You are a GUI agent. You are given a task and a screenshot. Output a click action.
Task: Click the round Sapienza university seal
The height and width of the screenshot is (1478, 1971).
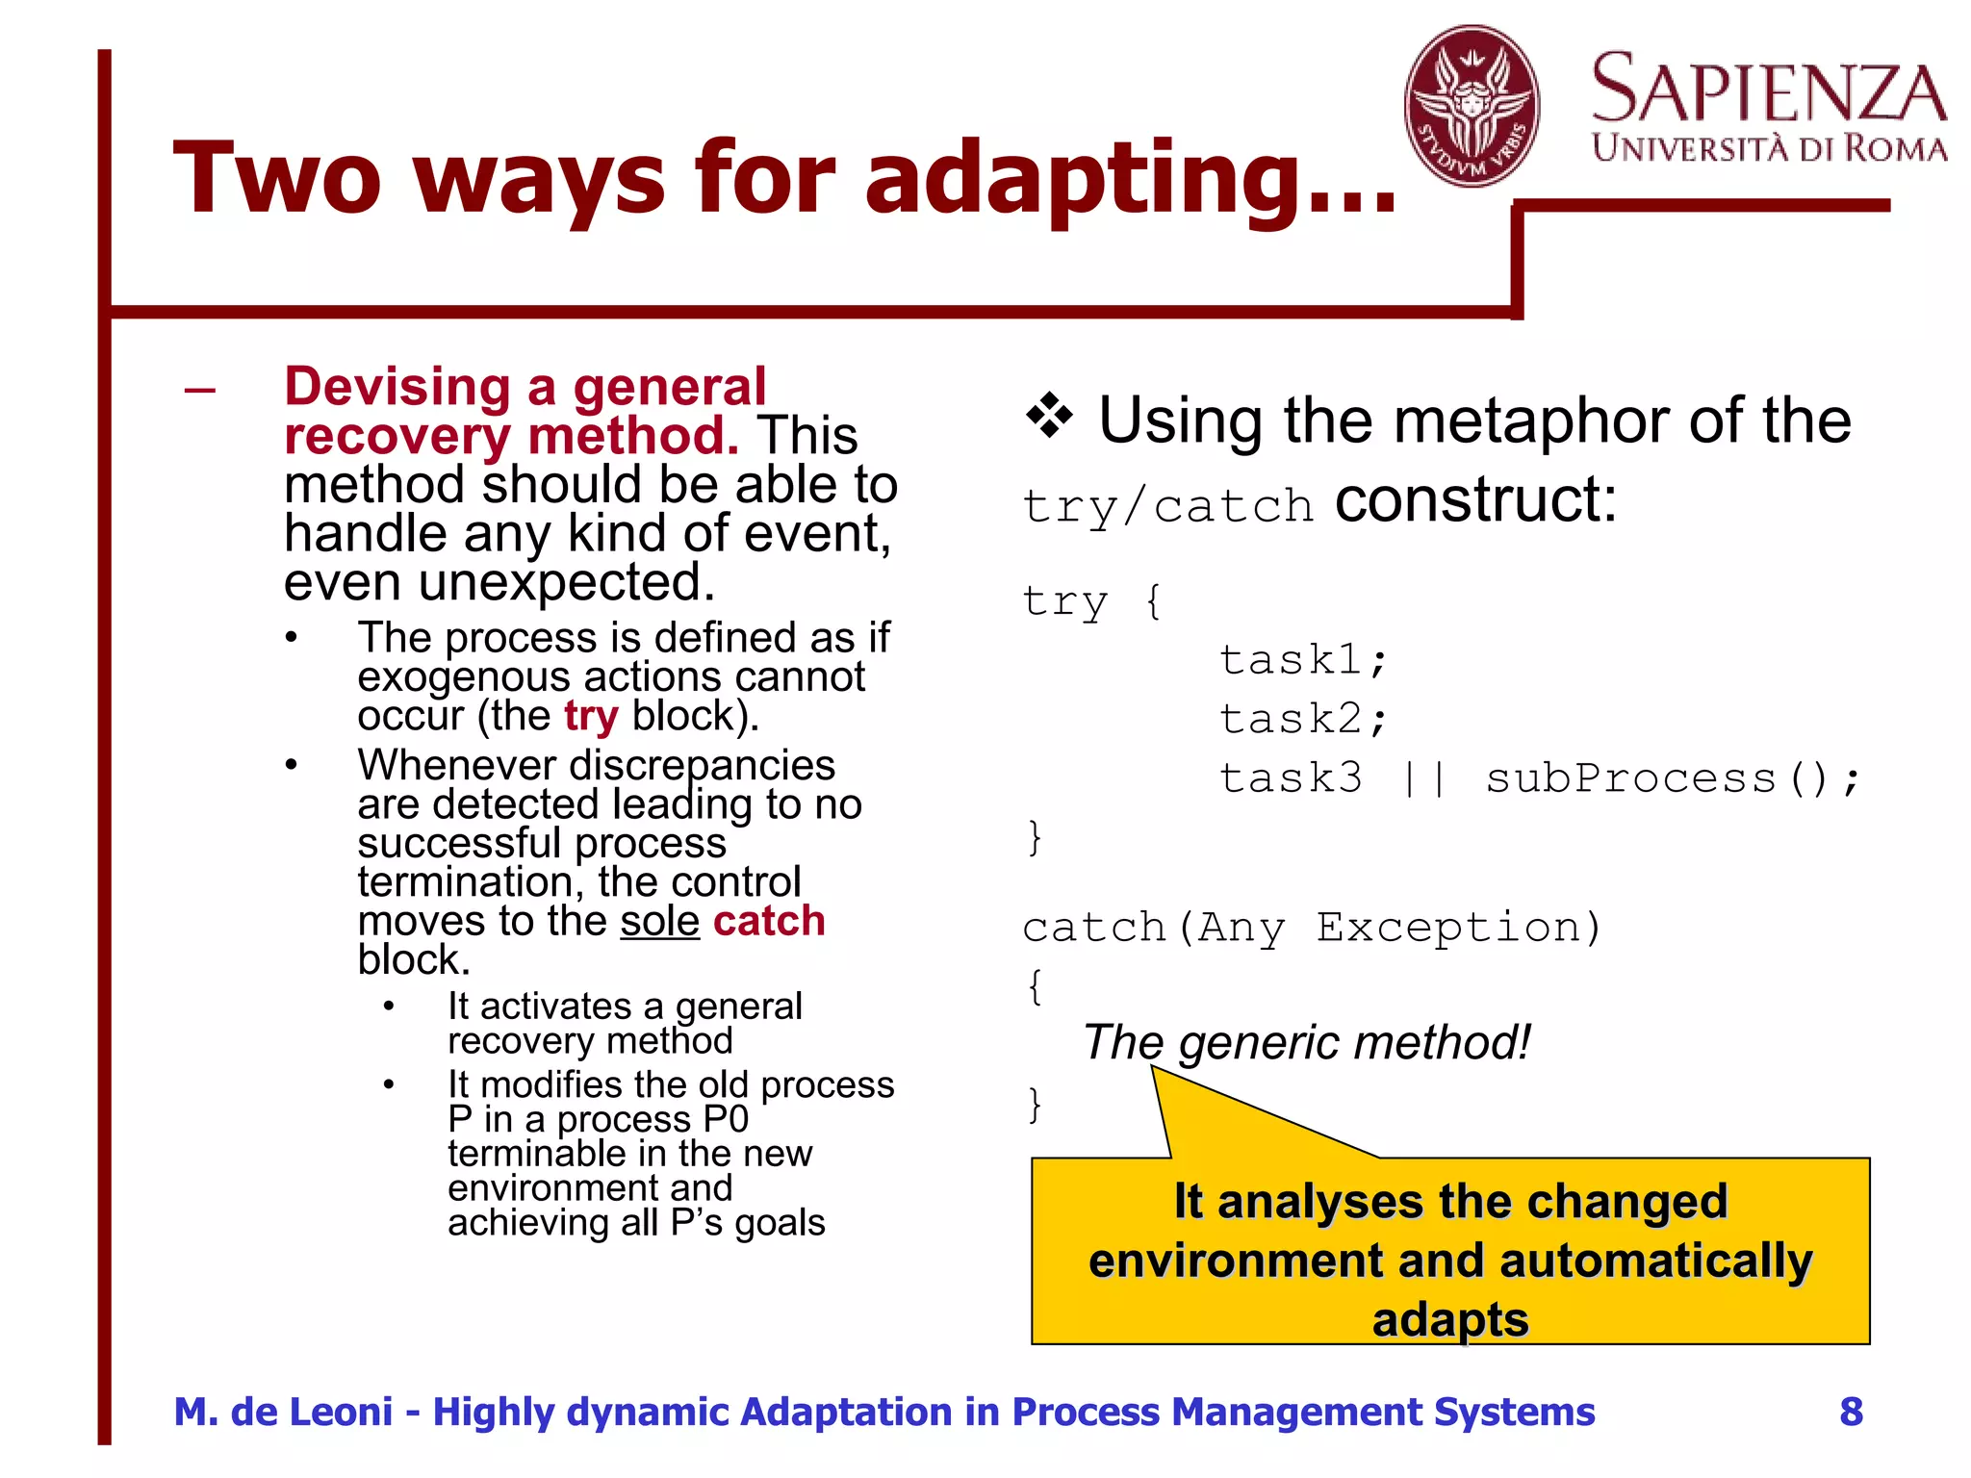click(1471, 106)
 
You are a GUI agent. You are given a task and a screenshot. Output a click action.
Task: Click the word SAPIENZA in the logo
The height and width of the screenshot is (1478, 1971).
click(1769, 89)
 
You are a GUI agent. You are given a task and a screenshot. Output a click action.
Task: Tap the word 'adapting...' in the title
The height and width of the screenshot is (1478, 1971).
click(1130, 178)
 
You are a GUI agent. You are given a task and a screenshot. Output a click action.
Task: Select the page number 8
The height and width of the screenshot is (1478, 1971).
click(1851, 1412)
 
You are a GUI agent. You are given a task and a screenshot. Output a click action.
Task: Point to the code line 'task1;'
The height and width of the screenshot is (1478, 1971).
click(1303, 660)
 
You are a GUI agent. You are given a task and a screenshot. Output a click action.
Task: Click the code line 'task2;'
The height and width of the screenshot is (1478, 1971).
click(1303, 719)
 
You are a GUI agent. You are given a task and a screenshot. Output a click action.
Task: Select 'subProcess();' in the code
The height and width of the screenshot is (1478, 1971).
click(1673, 778)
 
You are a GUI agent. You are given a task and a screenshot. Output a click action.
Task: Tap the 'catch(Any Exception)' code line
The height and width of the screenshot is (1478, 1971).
click(1312, 928)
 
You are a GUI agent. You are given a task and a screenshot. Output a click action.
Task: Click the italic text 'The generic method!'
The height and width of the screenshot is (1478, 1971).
click(1306, 1042)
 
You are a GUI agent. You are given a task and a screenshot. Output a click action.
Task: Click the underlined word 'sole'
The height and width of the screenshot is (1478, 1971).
click(659, 921)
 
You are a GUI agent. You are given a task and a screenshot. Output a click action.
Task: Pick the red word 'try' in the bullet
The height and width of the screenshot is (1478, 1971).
click(590, 716)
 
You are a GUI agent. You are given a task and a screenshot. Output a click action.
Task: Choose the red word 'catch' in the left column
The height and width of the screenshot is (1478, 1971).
click(769, 921)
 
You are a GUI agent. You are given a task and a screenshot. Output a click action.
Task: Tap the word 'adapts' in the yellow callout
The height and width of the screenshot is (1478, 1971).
click(1449, 1319)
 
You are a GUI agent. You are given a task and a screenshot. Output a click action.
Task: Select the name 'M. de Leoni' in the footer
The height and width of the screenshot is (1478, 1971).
click(283, 1412)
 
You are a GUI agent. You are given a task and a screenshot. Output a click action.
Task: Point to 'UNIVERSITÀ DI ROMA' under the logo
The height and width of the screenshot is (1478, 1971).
click(1769, 148)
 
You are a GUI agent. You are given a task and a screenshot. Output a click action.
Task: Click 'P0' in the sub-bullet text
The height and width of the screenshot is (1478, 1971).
click(725, 1119)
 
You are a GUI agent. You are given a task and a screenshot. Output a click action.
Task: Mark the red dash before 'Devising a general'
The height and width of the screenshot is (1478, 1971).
click(200, 390)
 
